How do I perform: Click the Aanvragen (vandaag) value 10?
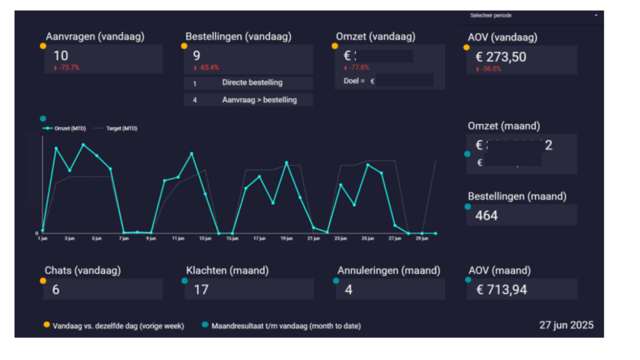pyautogui.click(x=61, y=56)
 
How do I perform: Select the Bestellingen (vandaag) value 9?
pyautogui.click(x=196, y=56)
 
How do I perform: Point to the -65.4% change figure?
pyautogui.click(x=206, y=67)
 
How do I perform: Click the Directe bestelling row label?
pyautogui.click(x=252, y=82)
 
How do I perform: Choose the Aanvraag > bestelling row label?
pyautogui.click(x=259, y=99)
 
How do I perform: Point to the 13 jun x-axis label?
pyautogui.click(x=206, y=238)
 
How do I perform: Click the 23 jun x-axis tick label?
pyautogui.click(x=341, y=238)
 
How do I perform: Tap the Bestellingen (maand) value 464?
pyautogui.click(x=486, y=215)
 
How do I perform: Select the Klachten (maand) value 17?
pyautogui.click(x=201, y=290)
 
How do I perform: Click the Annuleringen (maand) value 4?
pyautogui.click(x=349, y=290)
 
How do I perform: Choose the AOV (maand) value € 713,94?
pyautogui.click(x=503, y=290)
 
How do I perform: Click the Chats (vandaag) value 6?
pyautogui.click(x=56, y=290)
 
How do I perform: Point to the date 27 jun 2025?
pyautogui.click(x=566, y=325)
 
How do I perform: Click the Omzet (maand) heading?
pyautogui.click(x=504, y=126)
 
